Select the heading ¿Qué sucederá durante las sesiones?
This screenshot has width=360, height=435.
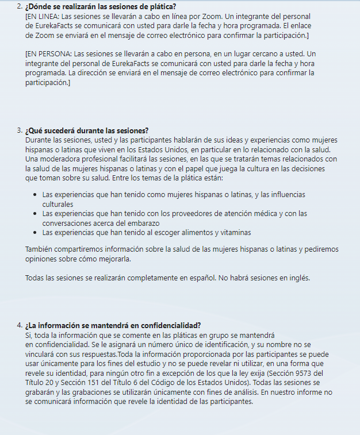(87, 130)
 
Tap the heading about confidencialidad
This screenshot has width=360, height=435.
(113, 325)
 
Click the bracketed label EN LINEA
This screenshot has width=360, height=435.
(43, 17)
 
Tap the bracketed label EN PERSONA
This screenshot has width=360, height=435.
(47, 54)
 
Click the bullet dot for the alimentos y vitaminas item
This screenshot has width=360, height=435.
(35, 233)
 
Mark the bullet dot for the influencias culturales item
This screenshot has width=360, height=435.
(35, 195)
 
